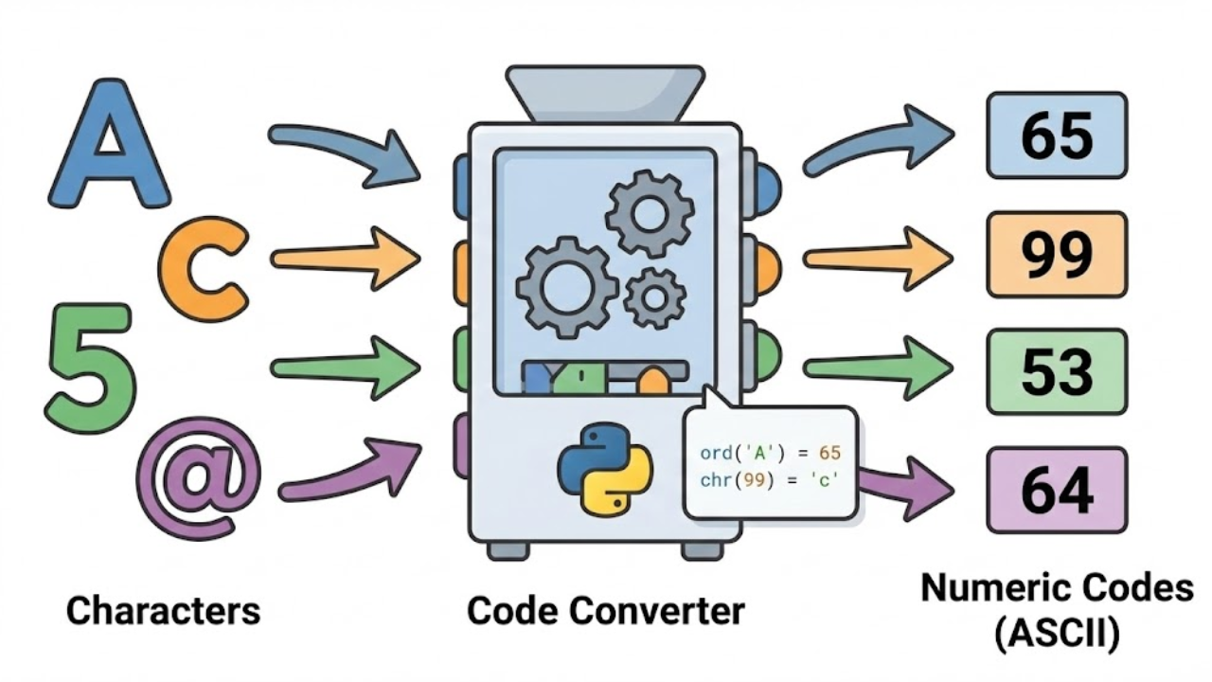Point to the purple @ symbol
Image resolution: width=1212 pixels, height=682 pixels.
click(x=199, y=476)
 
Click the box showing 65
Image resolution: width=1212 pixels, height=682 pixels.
click(x=1057, y=135)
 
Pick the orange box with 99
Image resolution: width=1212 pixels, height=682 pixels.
click(x=1057, y=255)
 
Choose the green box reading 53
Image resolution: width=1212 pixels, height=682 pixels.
click(x=1057, y=371)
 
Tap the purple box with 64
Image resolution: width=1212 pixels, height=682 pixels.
click(x=1057, y=490)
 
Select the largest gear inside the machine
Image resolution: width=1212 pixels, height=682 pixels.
click(x=566, y=285)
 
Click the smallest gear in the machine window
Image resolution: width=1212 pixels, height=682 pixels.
click(x=654, y=297)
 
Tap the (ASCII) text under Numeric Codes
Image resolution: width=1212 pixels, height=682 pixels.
click(x=1057, y=634)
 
